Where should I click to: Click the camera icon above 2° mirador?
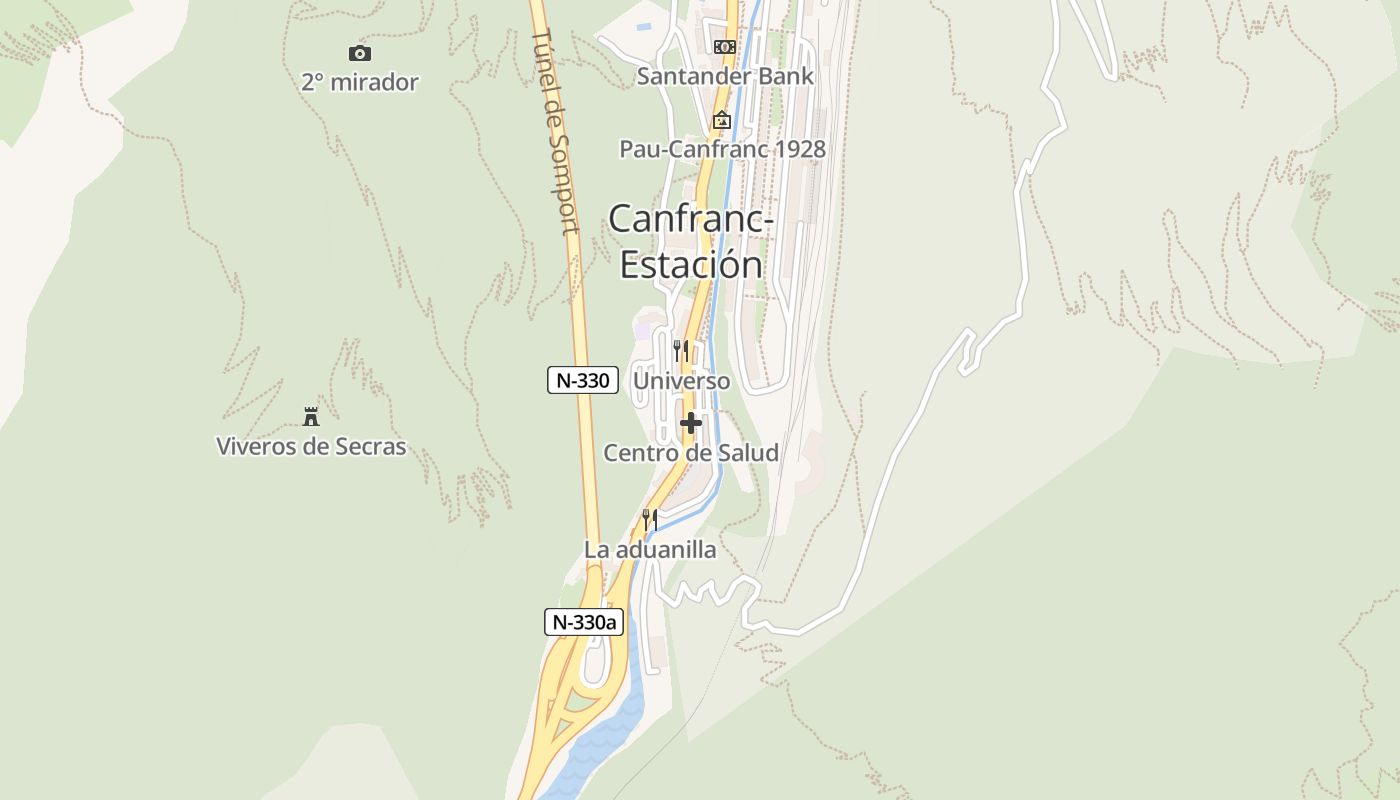[359, 53]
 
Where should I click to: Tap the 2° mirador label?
[359, 82]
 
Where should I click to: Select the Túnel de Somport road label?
[557, 130]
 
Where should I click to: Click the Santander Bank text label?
[725, 76]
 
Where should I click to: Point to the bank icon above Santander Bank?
[724, 47]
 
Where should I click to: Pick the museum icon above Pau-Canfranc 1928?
[721, 120]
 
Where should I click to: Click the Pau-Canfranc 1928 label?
[722, 150]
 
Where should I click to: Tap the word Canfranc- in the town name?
[690, 218]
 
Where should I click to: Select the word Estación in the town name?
[691, 264]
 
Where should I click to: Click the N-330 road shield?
[583, 380]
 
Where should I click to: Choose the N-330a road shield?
[584, 622]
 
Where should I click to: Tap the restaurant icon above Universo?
[681, 351]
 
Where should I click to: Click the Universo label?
[682, 382]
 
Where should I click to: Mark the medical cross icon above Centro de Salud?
[690, 423]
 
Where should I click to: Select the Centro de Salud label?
[691, 453]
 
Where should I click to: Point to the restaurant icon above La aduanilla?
[649, 520]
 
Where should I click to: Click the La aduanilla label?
[650, 550]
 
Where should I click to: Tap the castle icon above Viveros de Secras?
[311, 416]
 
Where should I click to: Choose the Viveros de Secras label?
[311, 446]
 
